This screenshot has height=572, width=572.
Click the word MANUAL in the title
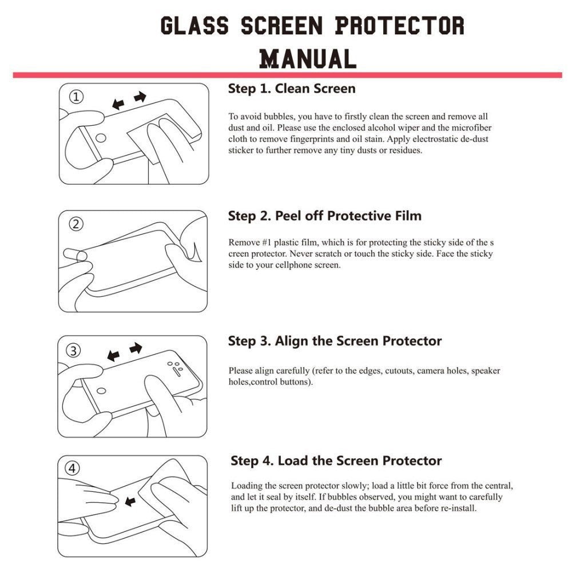308,58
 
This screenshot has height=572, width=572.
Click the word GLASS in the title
194,26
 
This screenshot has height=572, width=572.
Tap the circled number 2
76,224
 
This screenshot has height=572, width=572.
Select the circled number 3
74,350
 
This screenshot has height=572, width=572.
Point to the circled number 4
72,468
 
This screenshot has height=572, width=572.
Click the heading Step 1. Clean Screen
291,89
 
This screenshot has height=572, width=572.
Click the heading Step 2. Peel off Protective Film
324,216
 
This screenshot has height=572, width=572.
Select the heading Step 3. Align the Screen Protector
335,341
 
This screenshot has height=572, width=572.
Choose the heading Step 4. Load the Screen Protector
336,461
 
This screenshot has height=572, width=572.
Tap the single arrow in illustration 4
130,502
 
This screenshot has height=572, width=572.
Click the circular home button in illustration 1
100,138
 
